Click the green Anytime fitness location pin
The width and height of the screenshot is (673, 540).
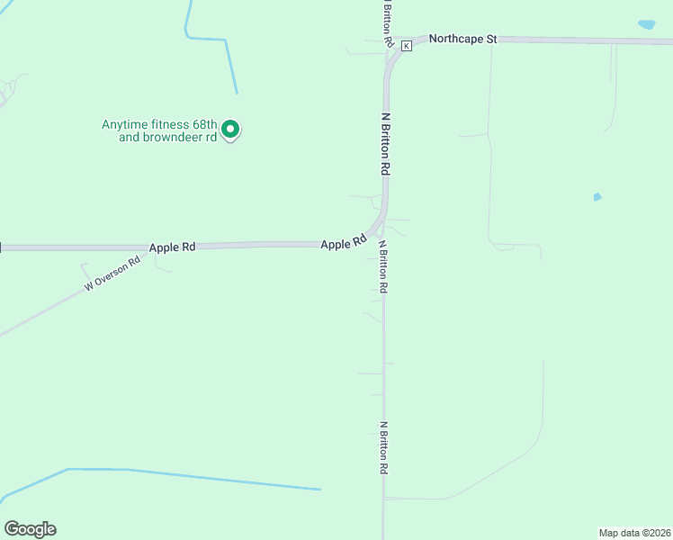[x=230, y=130]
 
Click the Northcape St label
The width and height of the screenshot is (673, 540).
[x=462, y=39]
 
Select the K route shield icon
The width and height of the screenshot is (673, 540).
[x=406, y=45]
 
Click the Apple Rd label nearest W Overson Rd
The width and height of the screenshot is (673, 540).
[x=172, y=247]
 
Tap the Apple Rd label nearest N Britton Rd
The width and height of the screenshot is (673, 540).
[x=343, y=243]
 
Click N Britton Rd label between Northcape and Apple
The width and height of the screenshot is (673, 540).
[x=385, y=143]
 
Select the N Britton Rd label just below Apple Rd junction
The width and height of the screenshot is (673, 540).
[x=383, y=266]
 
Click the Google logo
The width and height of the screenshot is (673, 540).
[x=30, y=529]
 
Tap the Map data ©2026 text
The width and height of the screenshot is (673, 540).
[x=633, y=532]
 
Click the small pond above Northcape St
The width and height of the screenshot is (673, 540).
[x=646, y=24]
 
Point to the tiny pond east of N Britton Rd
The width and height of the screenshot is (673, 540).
[x=597, y=197]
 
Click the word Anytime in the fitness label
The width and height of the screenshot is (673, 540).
[x=124, y=125]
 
